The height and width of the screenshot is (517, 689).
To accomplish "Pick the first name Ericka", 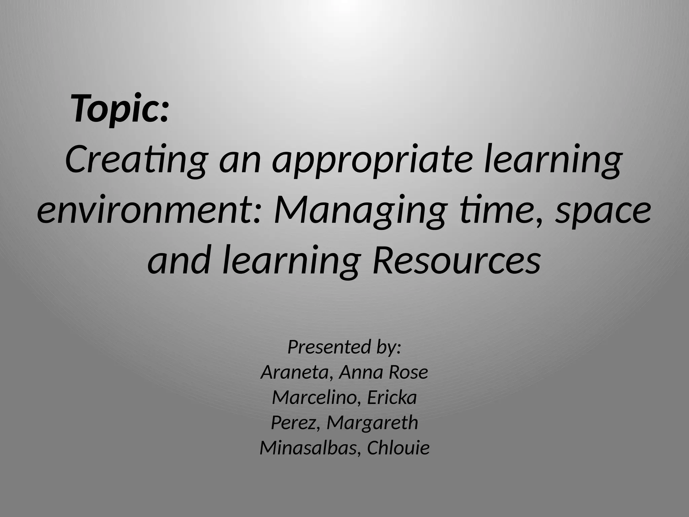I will tap(392, 398).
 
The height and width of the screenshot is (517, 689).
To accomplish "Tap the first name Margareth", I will tap(372, 423).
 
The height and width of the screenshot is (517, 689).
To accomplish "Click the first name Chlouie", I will tap(398, 448).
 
